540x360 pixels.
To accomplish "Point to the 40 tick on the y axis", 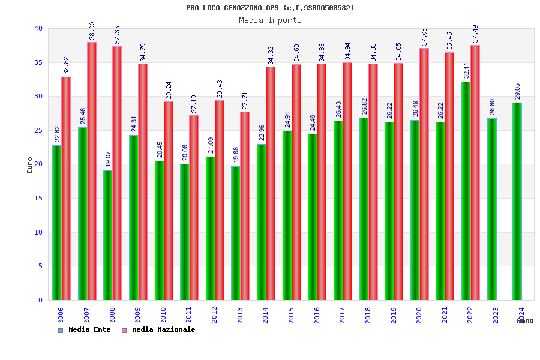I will coord(38,28).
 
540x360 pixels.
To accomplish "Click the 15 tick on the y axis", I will coord(38,198).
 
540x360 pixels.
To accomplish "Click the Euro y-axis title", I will coord(30,166).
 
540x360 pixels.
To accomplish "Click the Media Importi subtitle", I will coord(270,20).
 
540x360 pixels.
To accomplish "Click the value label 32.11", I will coord(466,70).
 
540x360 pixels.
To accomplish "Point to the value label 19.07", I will coord(108,159).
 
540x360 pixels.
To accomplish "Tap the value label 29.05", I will coord(517,91).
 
